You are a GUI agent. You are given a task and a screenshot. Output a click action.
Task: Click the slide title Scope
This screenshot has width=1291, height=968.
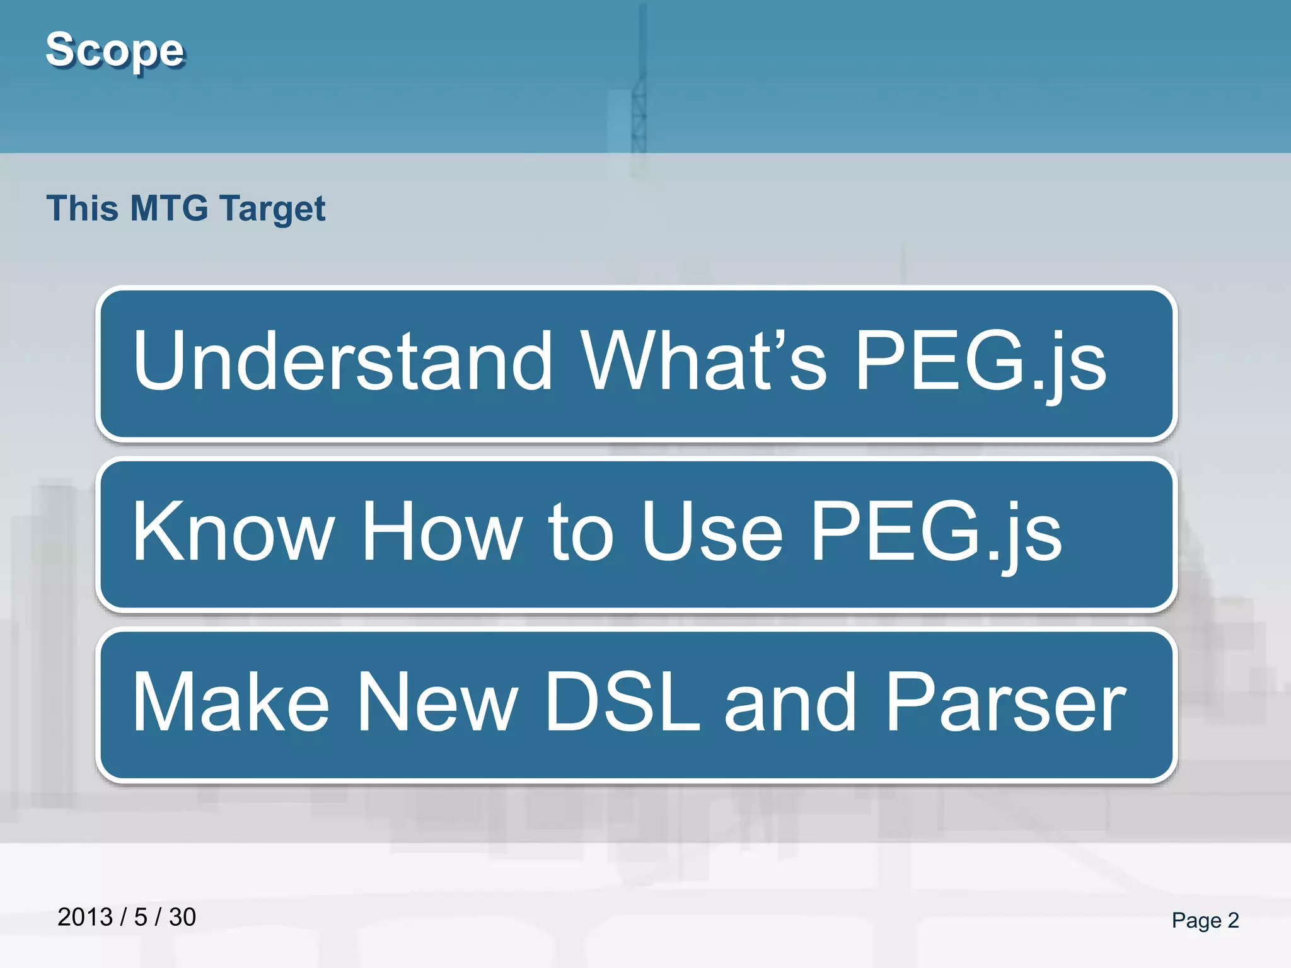(115, 50)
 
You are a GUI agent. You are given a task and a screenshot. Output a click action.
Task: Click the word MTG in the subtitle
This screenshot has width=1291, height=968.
(169, 208)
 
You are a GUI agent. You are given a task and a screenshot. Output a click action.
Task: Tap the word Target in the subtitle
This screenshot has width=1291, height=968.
(273, 209)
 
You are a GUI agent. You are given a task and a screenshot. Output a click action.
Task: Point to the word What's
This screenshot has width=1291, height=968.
(703, 360)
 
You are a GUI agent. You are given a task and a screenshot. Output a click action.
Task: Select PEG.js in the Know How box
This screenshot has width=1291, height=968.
(935, 533)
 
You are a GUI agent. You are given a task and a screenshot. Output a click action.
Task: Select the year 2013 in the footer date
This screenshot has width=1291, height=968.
(84, 917)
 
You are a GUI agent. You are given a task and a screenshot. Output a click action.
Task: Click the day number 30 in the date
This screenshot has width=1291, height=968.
(182, 917)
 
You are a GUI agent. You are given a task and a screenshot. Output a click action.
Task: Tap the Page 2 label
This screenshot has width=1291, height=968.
(1205, 920)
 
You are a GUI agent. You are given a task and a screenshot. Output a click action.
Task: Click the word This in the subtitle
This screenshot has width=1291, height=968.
(83, 208)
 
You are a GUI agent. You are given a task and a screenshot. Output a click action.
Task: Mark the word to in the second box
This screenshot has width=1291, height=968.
(581, 533)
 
